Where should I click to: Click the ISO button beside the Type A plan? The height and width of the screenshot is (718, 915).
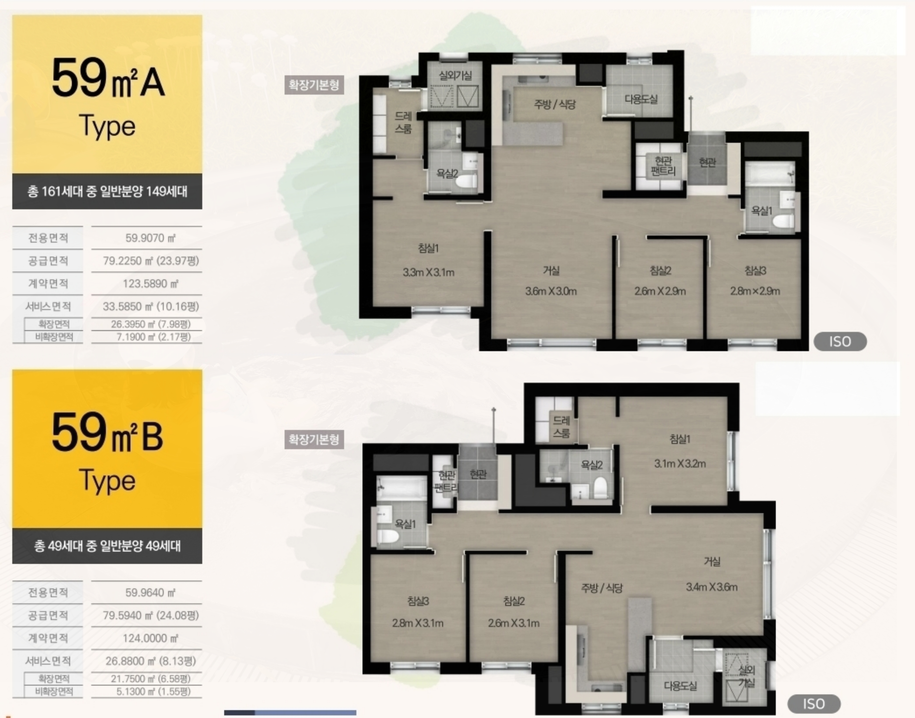click(x=840, y=341)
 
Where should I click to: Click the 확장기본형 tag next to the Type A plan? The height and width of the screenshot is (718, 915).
click(x=314, y=85)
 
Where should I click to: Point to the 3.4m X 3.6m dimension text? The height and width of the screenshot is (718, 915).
click(x=712, y=587)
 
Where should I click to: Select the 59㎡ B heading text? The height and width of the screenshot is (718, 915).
click(x=107, y=433)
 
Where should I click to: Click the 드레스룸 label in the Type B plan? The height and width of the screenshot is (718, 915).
click(x=561, y=427)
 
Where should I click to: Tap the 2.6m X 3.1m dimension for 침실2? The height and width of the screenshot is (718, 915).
click(x=514, y=623)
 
